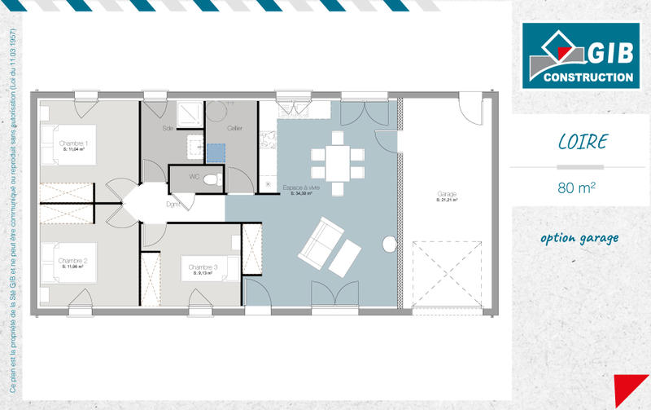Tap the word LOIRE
[582, 142]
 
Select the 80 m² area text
[577, 187]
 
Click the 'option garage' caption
[579, 238]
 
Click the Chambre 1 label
[73, 144]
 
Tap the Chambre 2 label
[73, 262]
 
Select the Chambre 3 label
[203, 267]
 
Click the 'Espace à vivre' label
[301, 188]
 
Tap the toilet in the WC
[211, 179]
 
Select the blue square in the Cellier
[215, 152]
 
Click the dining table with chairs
[337, 161]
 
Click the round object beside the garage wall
[389, 245]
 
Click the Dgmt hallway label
[173, 204]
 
